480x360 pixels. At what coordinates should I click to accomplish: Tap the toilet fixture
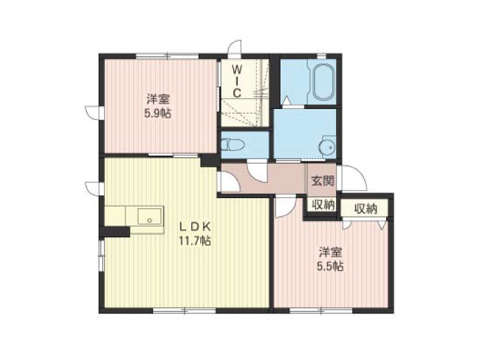point(232,145)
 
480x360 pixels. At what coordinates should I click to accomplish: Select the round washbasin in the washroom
point(327,147)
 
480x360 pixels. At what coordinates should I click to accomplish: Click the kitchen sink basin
point(149,216)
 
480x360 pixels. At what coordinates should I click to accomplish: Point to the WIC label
point(237,82)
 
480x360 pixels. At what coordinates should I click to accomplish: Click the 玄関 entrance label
point(322,181)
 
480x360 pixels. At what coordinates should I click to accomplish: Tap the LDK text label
point(195,227)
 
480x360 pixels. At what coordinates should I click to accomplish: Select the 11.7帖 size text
point(195,241)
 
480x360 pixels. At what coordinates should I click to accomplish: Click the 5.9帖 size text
point(158,114)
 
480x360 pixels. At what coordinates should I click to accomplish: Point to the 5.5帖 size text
point(330,267)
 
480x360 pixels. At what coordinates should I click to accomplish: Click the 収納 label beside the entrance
point(323,205)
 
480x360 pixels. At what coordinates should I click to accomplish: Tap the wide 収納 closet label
point(365,208)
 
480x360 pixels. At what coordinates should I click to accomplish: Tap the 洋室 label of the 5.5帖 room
point(331,252)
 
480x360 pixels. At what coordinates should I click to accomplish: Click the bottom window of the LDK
point(184,311)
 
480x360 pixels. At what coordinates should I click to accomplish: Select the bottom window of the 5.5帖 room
point(321,311)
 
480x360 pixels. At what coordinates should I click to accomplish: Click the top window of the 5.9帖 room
point(167,56)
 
